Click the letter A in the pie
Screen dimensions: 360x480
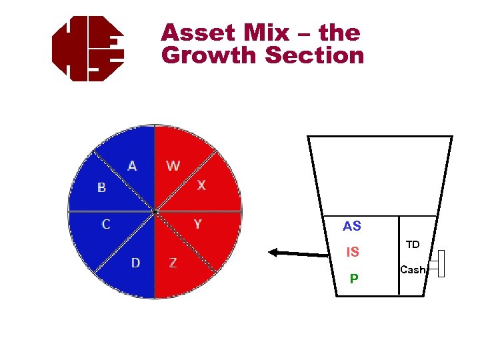(x=132, y=165)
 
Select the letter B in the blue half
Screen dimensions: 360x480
(x=101, y=188)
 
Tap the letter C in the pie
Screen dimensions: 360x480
(x=106, y=225)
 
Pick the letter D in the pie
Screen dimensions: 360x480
(x=135, y=263)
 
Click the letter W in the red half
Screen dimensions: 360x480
(x=173, y=165)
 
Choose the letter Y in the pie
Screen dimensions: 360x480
(x=197, y=225)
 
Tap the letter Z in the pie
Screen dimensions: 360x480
(x=173, y=263)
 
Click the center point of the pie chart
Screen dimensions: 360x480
(x=155, y=212)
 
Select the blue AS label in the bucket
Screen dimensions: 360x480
(x=352, y=227)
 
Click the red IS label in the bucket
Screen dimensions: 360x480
(x=353, y=253)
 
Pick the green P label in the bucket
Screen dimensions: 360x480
(x=354, y=279)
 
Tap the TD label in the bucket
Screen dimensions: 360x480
(x=413, y=245)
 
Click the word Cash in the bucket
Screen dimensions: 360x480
(x=413, y=270)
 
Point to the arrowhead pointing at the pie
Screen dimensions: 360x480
(x=273, y=252)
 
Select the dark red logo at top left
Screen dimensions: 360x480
(x=88, y=49)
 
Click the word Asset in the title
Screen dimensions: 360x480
(x=198, y=33)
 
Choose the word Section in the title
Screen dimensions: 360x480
(x=315, y=55)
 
